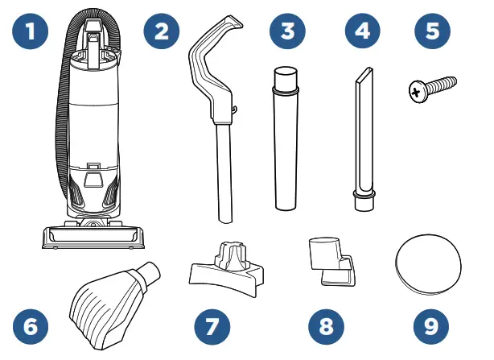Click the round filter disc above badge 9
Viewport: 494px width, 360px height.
coord(428,263)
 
